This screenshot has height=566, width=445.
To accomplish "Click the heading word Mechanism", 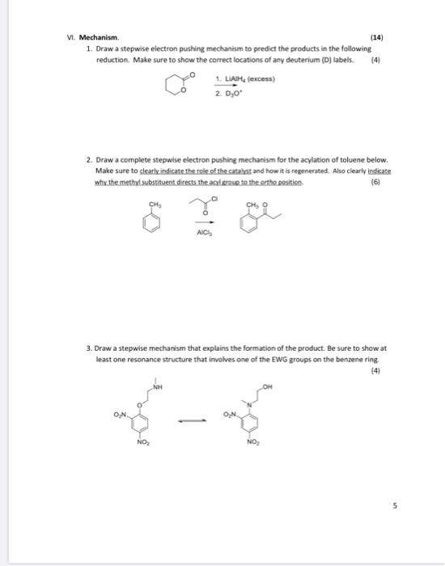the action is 100,37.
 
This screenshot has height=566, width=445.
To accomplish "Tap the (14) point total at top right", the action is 375,37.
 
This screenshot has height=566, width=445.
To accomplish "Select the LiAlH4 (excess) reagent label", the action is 246,79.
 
